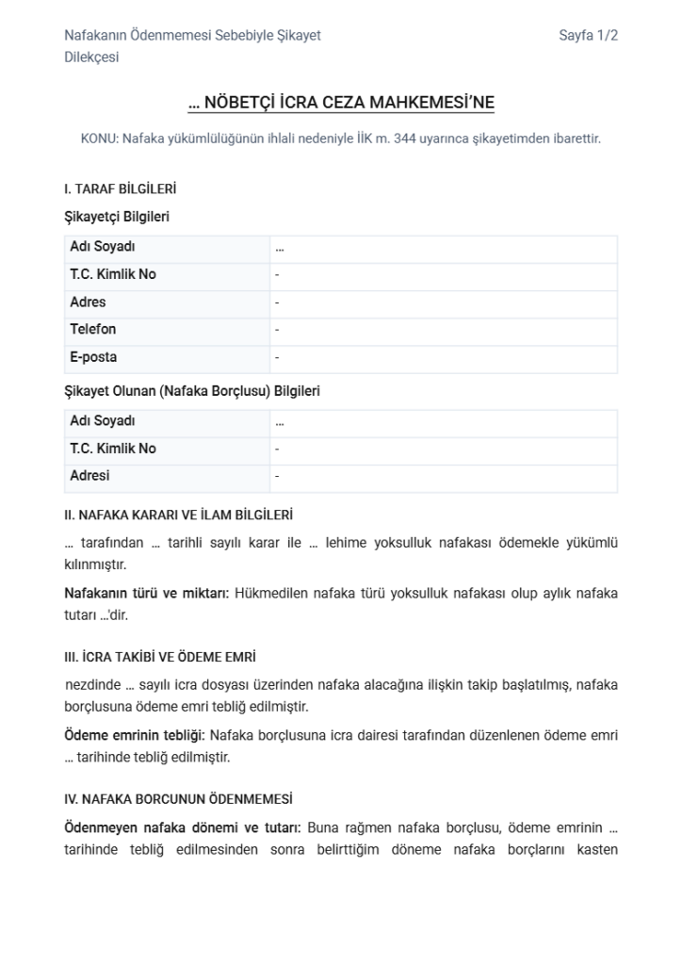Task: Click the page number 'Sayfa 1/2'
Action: click(x=588, y=36)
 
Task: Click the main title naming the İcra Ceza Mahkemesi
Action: click(x=341, y=103)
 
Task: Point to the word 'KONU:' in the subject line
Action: click(x=101, y=139)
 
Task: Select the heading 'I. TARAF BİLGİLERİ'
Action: click(x=120, y=188)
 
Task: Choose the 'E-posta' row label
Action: click(x=93, y=358)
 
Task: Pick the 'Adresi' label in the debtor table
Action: click(x=89, y=477)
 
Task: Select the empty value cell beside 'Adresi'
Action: click(x=443, y=477)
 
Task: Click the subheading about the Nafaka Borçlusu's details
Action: click(x=191, y=391)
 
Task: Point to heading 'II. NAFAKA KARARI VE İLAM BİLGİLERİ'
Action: click(x=178, y=515)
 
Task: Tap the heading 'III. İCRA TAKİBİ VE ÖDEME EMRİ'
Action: click(x=160, y=657)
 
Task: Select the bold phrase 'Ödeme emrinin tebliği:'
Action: click(x=135, y=735)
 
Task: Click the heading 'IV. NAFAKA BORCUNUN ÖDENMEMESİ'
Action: click(x=178, y=799)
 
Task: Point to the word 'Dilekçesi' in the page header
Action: click(x=91, y=57)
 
